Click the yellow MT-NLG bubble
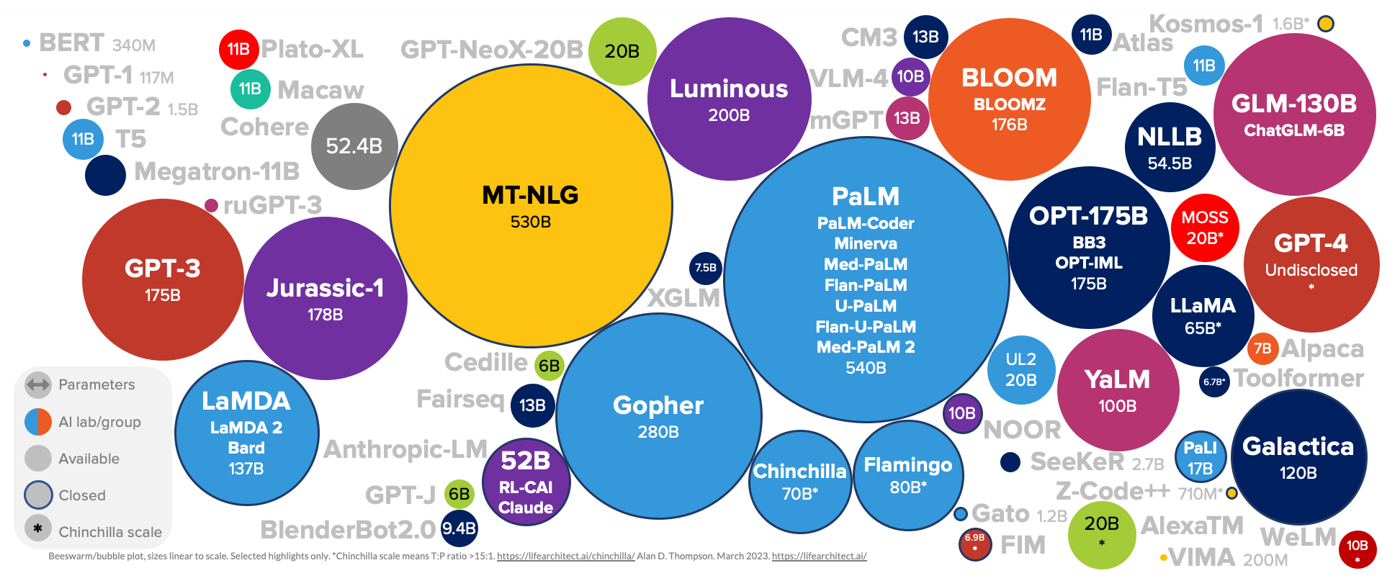coord(531,206)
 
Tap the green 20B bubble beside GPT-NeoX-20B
coord(622,51)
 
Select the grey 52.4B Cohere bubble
coord(354,146)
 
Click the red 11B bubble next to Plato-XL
coord(238,49)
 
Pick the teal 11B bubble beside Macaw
coord(250,89)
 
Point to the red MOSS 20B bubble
coord(1205,227)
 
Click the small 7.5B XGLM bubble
coord(705,268)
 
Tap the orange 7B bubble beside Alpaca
coord(1262,348)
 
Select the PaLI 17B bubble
coord(1200,458)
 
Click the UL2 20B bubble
coord(1020,369)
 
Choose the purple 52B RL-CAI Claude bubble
coord(526,482)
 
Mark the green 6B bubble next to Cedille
coord(549,366)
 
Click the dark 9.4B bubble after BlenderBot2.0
coord(459,528)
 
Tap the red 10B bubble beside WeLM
coord(1357,549)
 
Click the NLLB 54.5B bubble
coord(1170,148)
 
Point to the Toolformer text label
coord(1298,378)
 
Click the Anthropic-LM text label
coord(405,449)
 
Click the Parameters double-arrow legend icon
coord(38,384)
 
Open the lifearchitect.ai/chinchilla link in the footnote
coord(565,556)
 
